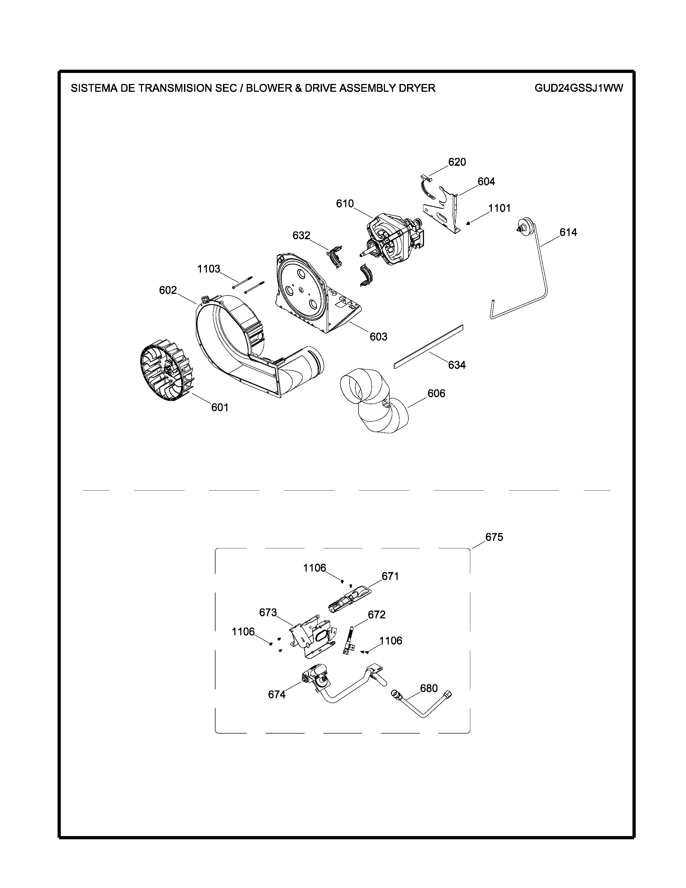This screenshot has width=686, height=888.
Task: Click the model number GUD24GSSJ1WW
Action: (x=579, y=88)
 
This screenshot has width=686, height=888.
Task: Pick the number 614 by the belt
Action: (x=568, y=232)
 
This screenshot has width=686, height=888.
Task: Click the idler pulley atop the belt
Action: (x=525, y=226)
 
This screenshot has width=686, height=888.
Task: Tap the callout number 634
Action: (x=457, y=365)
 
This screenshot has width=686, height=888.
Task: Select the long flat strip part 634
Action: (x=429, y=346)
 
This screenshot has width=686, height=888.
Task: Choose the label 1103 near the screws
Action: (x=208, y=269)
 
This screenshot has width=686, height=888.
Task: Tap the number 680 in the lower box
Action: (x=429, y=688)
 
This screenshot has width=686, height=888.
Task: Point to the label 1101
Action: (x=500, y=208)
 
